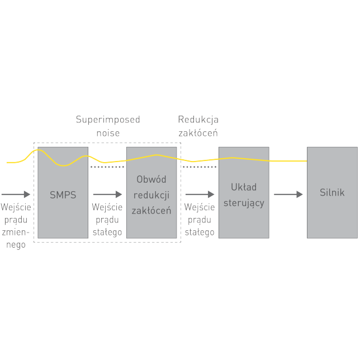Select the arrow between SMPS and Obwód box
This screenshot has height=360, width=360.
[x=107, y=195]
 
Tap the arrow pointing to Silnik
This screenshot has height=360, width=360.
[x=288, y=195]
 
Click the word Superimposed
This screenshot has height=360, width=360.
[x=108, y=120]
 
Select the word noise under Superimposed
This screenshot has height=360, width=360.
[x=108, y=133]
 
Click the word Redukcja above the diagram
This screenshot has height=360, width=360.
[x=198, y=120]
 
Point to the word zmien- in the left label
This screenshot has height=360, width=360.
[x=14, y=232]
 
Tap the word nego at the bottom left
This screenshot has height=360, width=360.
[x=14, y=244]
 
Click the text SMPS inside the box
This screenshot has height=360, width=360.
[x=63, y=195]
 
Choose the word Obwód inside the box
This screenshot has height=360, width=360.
[x=151, y=179]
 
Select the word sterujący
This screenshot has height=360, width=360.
[x=244, y=203]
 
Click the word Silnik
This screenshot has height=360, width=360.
[x=332, y=193]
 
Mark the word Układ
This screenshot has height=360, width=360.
[x=244, y=187]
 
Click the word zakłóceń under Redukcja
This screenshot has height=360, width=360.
[x=198, y=133]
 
